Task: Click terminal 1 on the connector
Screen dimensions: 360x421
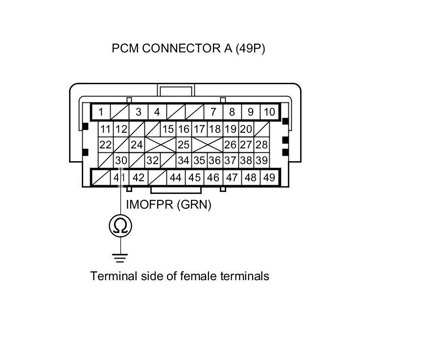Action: tap(101, 112)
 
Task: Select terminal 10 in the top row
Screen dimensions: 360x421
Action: tap(269, 112)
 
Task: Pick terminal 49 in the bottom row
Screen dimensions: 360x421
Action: tap(269, 177)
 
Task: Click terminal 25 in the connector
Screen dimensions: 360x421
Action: tap(184, 145)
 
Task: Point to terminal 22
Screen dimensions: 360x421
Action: tap(105, 145)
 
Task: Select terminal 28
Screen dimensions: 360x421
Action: tap(262, 145)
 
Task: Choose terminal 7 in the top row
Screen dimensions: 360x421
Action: tap(213, 112)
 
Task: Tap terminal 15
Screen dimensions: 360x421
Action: tap(168, 129)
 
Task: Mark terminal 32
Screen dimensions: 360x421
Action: tap(153, 160)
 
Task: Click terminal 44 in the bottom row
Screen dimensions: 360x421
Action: tap(175, 177)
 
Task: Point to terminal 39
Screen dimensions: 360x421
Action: tap(262, 160)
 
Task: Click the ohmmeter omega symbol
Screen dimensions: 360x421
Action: tap(120, 226)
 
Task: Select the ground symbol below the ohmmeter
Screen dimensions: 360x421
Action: tap(120, 257)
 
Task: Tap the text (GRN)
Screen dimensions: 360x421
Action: tap(194, 205)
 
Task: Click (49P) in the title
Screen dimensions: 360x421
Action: tap(250, 48)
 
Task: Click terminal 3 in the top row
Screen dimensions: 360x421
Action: tap(139, 112)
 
